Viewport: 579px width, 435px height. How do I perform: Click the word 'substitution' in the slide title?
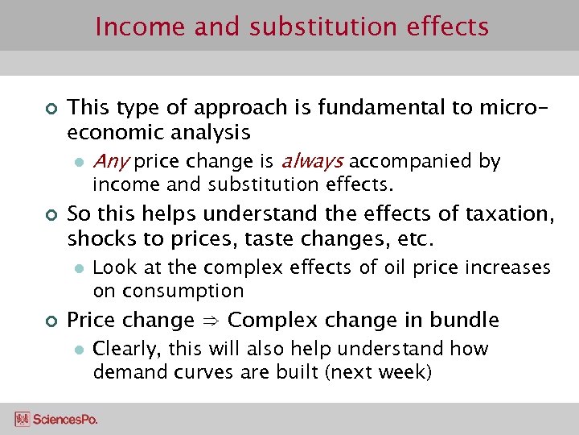[x=321, y=27]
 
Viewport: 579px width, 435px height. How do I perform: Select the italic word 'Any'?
[x=111, y=161]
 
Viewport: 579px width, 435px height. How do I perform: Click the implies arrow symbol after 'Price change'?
[x=211, y=321]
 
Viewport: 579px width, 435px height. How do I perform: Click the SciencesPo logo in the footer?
[x=55, y=419]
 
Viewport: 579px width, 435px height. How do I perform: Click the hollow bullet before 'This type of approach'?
[x=47, y=108]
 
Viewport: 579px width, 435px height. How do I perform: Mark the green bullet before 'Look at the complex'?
[x=78, y=268]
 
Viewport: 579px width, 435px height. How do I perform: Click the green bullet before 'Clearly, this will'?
[x=78, y=350]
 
